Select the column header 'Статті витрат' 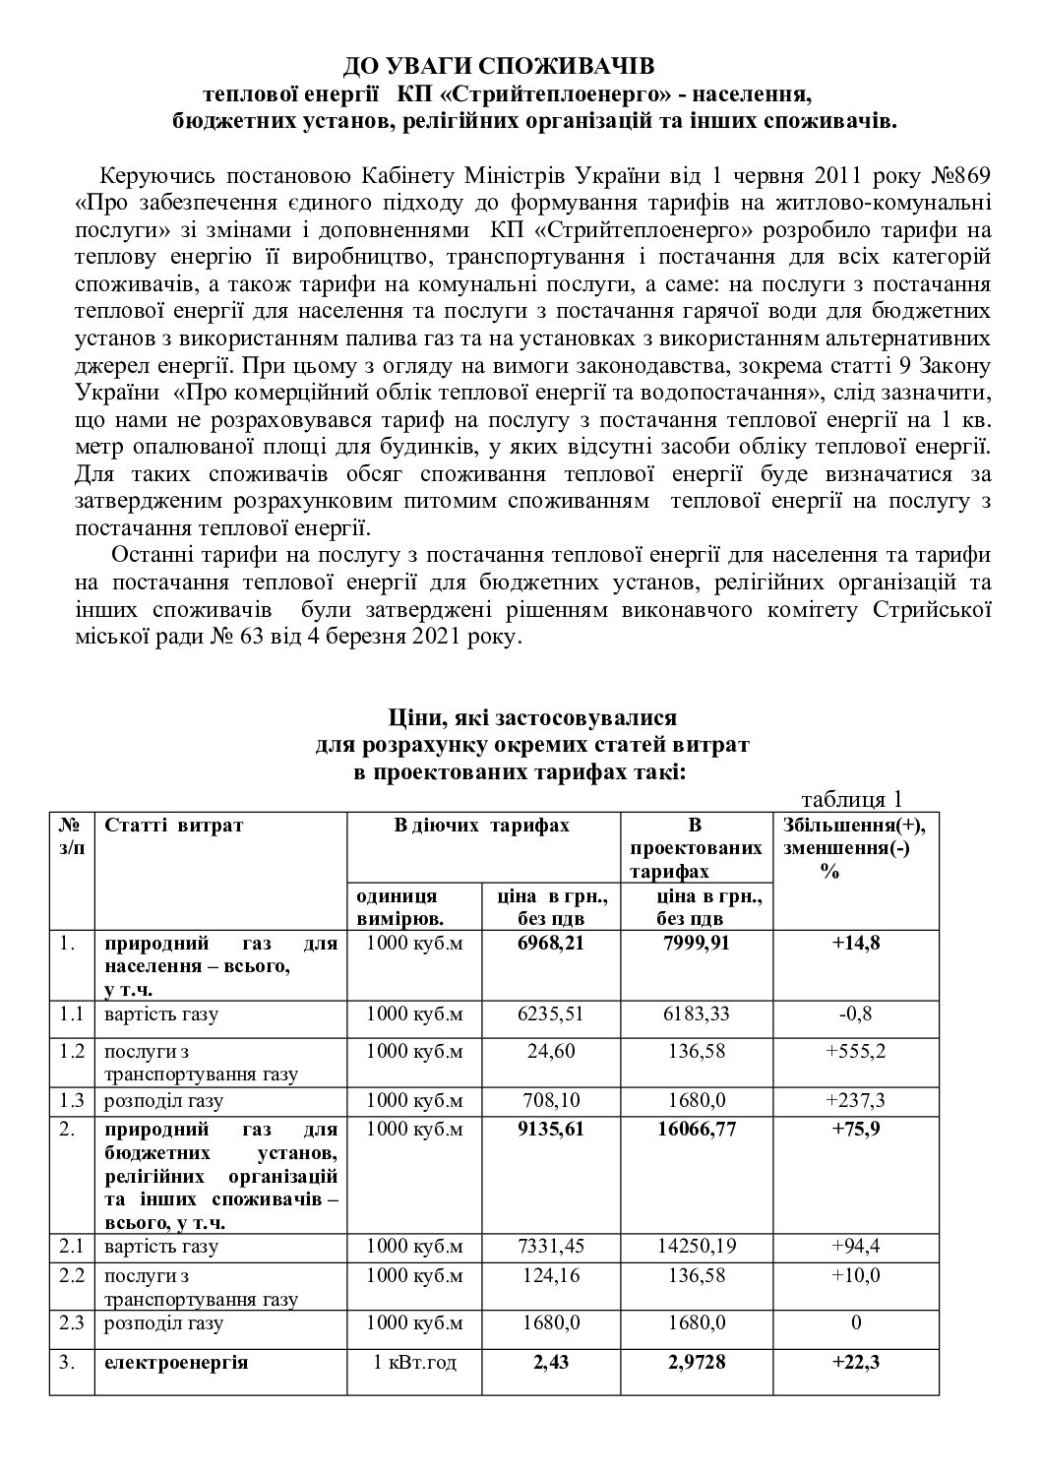tap(173, 826)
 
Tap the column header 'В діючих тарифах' tap(481, 826)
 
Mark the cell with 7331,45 tap(550, 1247)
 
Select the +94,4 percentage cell tap(855, 1247)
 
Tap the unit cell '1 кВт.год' tap(413, 1364)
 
